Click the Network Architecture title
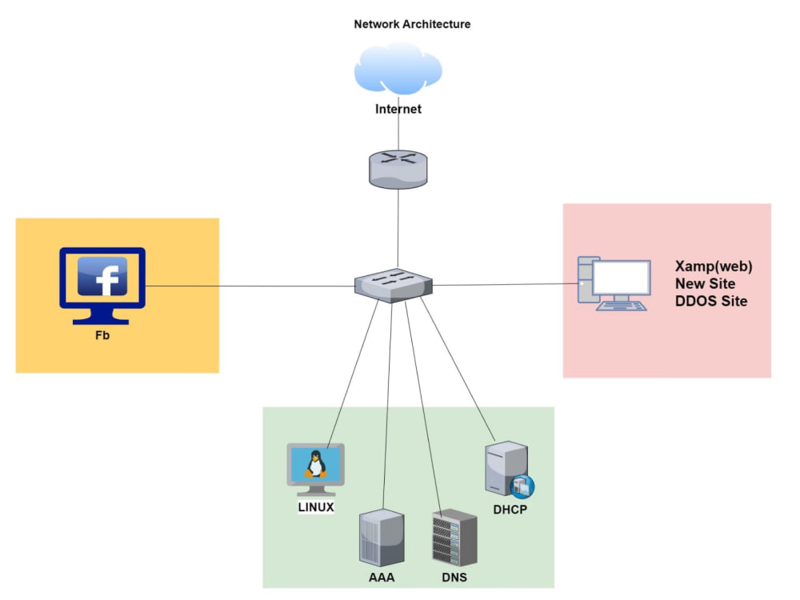pyautogui.click(x=412, y=24)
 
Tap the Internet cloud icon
pyautogui.click(x=398, y=70)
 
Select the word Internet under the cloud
pyautogui.click(x=398, y=109)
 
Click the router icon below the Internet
pyautogui.click(x=398, y=170)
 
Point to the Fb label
pyautogui.click(x=102, y=335)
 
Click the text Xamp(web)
pyautogui.click(x=714, y=266)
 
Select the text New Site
pyautogui.click(x=705, y=284)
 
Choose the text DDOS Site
pyautogui.click(x=711, y=302)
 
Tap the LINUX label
pyautogui.click(x=316, y=507)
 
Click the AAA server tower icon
pyautogui.click(x=382, y=538)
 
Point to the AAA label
pyautogui.click(x=382, y=577)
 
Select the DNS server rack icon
pyautogui.click(x=454, y=538)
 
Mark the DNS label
pyautogui.click(x=454, y=577)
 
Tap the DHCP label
pyautogui.click(x=510, y=510)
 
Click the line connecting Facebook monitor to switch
pyautogui.click(x=248, y=286)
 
